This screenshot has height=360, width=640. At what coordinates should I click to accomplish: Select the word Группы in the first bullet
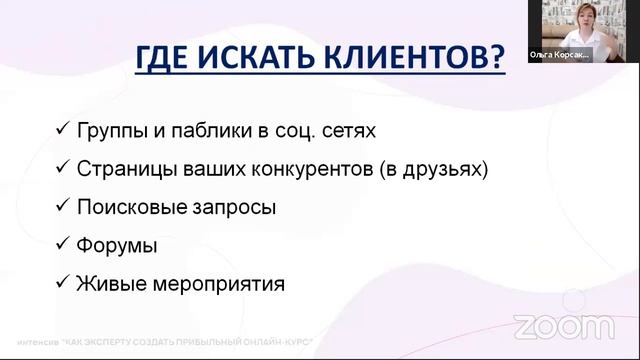coord(110,131)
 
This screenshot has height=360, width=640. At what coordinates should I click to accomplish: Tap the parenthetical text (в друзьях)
coord(434,169)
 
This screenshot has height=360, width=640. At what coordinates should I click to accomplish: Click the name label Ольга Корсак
coord(559,56)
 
